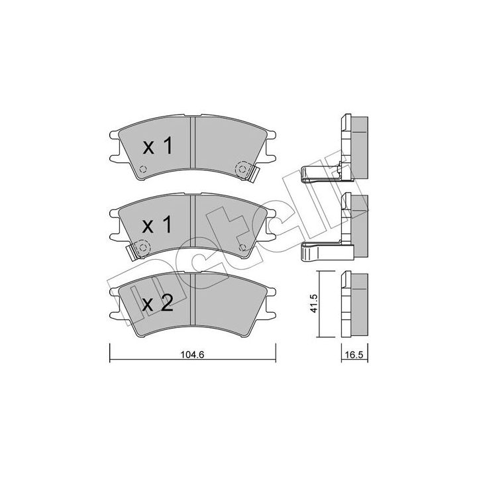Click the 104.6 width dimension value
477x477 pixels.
[191, 354]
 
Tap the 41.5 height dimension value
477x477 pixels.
[313, 303]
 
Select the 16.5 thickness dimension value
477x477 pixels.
[354, 354]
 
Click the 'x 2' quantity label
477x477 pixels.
[158, 303]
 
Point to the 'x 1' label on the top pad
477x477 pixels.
[158, 146]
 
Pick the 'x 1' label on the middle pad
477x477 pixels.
[158, 225]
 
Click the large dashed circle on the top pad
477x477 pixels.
[242, 169]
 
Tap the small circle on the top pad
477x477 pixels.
[143, 169]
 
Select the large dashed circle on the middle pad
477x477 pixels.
[142, 248]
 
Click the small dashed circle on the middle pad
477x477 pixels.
[242, 248]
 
